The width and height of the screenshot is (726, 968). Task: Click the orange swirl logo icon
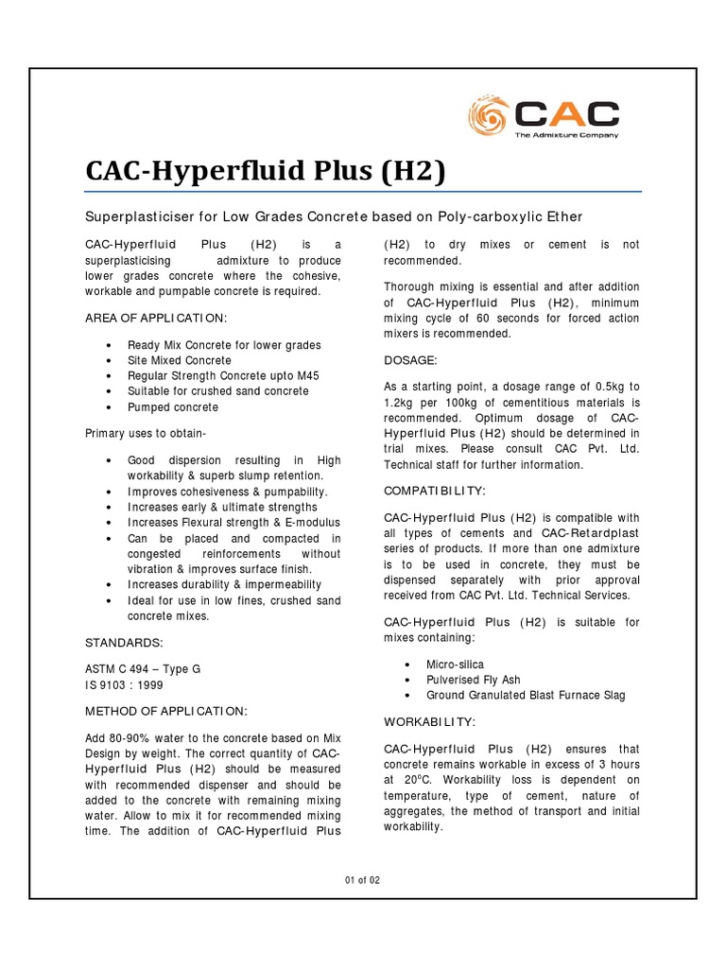pos(490,117)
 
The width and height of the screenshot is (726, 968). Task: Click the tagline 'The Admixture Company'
pos(566,135)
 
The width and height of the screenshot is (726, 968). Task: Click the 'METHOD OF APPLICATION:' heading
pos(166,711)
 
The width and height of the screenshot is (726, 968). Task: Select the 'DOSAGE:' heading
pos(409,360)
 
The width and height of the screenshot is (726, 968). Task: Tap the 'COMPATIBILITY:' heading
pos(435,492)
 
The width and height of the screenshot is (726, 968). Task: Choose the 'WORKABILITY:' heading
pos(429,721)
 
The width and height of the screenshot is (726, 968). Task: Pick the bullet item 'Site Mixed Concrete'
pos(180,361)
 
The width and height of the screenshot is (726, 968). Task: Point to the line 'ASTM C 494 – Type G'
pos(143,668)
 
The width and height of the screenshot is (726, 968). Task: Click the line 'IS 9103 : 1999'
pos(124,683)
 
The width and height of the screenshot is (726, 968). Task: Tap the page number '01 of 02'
pos(362,880)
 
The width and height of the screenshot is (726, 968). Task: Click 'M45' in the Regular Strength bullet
pos(308,376)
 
